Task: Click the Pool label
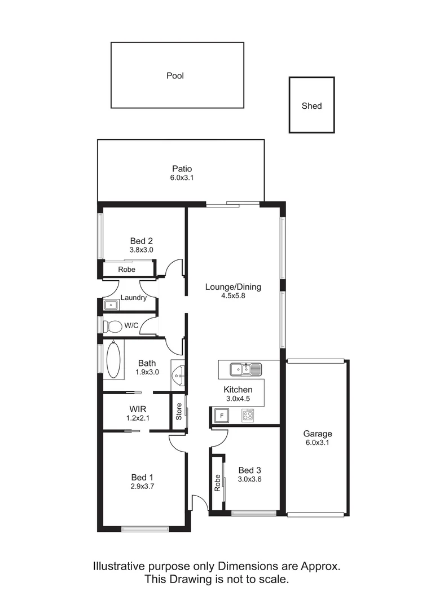point(175,76)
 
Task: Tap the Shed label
point(311,105)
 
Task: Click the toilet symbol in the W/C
point(114,326)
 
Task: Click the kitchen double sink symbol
point(245,370)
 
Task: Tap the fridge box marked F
point(222,416)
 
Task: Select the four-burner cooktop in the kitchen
point(248,416)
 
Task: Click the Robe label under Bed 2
point(126,270)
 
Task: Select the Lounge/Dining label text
point(233,286)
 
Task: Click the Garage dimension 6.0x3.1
point(318,443)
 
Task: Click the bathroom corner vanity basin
point(179,373)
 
